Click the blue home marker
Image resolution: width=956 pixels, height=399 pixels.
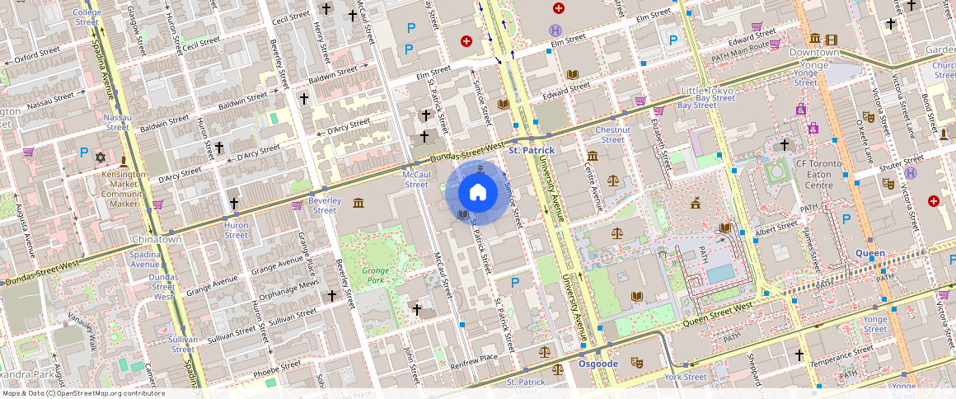477,193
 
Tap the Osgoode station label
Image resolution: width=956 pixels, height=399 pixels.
598,364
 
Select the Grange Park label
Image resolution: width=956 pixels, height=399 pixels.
374,275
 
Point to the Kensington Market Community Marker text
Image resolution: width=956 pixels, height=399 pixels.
124,189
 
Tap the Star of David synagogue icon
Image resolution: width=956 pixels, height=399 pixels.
101,157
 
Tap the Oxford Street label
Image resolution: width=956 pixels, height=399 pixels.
37,57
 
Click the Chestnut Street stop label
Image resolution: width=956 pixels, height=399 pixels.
612,134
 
